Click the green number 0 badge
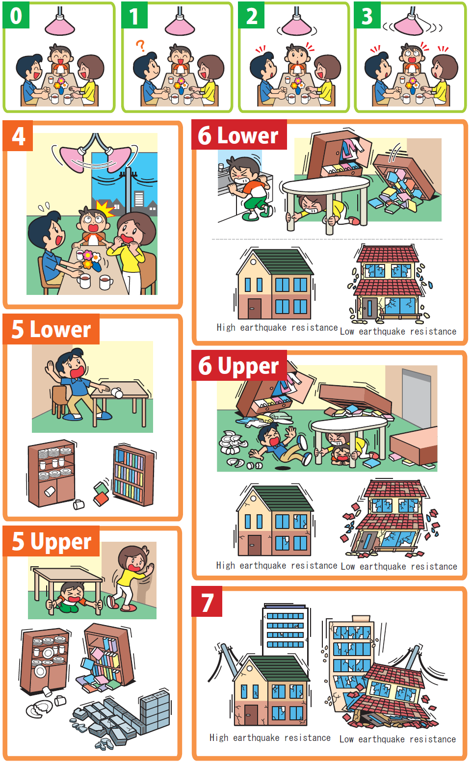coord(16,16)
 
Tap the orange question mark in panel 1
coord(140,46)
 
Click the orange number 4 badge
coord(18,136)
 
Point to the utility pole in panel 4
coord(129,191)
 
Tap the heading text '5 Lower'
coord(51,329)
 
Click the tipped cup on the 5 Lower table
coord(117,393)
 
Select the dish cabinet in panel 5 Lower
coord(52,474)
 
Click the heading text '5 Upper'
coord(52,541)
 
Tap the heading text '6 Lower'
coord(238,135)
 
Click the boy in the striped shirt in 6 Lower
coord(250,186)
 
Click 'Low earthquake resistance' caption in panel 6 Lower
coord(398,332)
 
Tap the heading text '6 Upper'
coord(238,366)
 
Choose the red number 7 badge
coord(207,602)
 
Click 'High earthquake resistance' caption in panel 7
coord(270,738)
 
